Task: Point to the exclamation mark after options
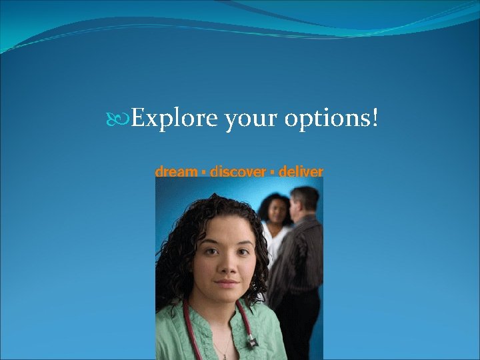click(x=375, y=119)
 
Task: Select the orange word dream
click(x=175, y=172)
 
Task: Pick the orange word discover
click(x=237, y=172)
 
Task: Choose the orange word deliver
click(x=301, y=172)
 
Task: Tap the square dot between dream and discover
click(x=202, y=173)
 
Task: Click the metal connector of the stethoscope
click(x=252, y=342)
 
